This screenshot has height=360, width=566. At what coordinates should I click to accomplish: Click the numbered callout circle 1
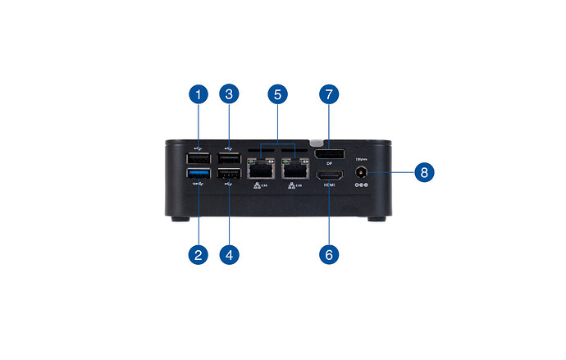point(198,96)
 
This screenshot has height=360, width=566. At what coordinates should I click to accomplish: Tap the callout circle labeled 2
point(198,254)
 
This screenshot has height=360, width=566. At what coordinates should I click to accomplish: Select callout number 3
point(230,96)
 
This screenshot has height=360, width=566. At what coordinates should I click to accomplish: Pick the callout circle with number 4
point(230,254)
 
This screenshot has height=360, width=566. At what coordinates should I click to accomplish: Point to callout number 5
point(278,96)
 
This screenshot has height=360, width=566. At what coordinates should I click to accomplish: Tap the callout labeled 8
point(424,173)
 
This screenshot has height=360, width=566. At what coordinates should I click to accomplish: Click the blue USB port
point(198,175)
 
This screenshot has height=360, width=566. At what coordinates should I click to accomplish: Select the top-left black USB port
point(198,157)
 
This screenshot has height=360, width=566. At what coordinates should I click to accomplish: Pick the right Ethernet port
point(293,171)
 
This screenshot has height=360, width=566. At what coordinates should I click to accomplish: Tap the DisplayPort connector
point(330,155)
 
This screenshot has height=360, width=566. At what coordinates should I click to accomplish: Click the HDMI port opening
point(330,175)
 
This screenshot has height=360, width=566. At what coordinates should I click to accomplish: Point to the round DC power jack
point(361,173)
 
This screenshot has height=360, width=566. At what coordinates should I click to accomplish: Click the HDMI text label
point(330,186)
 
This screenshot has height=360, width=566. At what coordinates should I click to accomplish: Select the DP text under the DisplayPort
point(329,165)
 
